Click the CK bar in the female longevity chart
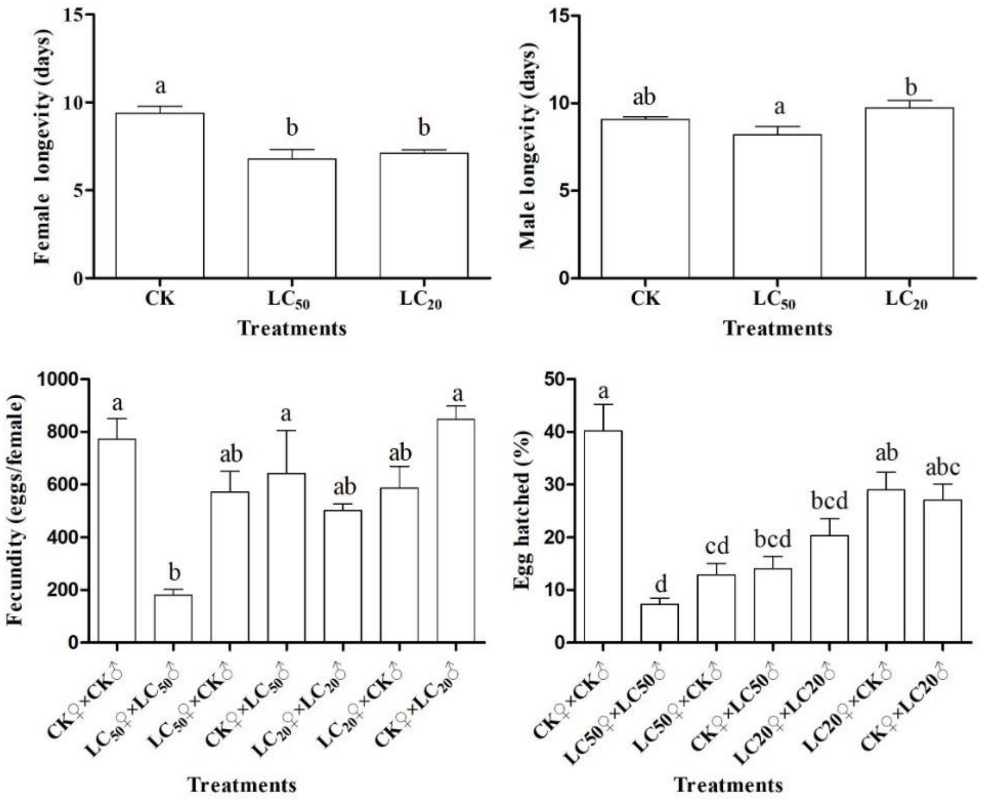159,195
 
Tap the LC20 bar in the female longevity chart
423,215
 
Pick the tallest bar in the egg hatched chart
603,536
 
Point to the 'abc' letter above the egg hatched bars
942,467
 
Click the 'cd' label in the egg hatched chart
716,546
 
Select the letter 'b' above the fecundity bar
174,573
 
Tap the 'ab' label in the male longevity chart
644,97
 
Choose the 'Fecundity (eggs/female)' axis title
16,510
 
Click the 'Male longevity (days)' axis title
529,147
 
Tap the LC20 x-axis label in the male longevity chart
906,300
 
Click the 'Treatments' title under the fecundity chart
242,785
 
